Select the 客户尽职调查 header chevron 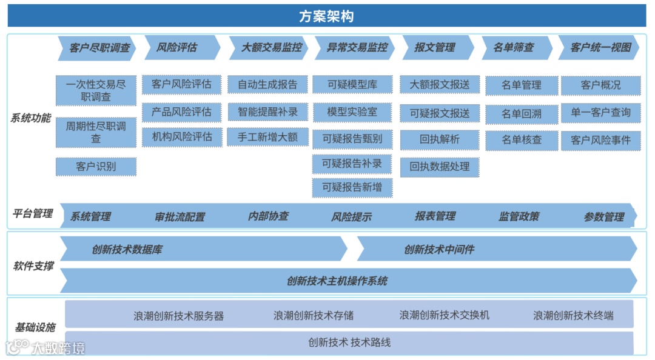pyautogui.click(x=97, y=48)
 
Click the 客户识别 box pyautogui.click(x=96, y=167)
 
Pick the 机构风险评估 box pyautogui.click(x=182, y=137)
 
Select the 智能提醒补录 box pyautogui.click(x=267, y=112)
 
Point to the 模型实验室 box pyautogui.click(x=352, y=112)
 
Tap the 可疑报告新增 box pyautogui.click(x=352, y=187)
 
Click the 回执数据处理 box pyautogui.click(x=439, y=167)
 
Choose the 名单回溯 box pyautogui.click(x=522, y=113)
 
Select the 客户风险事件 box pyautogui.click(x=600, y=140)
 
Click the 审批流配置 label pyautogui.click(x=180, y=217)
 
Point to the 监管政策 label pyautogui.click(x=519, y=216)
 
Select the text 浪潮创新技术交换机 pyautogui.click(x=444, y=315)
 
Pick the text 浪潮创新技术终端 pyautogui.click(x=573, y=315)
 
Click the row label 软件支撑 pyautogui.click(x=33, y=265)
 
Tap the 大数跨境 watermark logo pyautogui.click(x=45, y=348)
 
